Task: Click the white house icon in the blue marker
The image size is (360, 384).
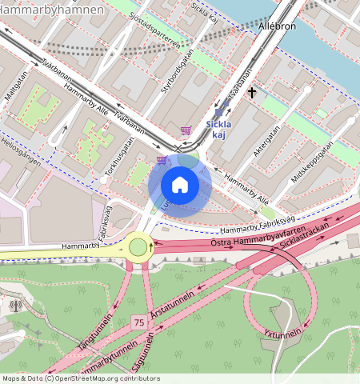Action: point(179,186)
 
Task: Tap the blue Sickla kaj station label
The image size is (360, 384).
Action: point(219,129)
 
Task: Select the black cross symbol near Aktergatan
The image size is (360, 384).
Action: point(252,93)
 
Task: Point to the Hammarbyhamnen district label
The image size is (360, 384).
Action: point(51,10)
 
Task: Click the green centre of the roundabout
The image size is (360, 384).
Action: point(139,246)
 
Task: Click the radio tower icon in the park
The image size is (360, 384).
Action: point(16,305)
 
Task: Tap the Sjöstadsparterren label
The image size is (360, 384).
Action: point(167,41)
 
